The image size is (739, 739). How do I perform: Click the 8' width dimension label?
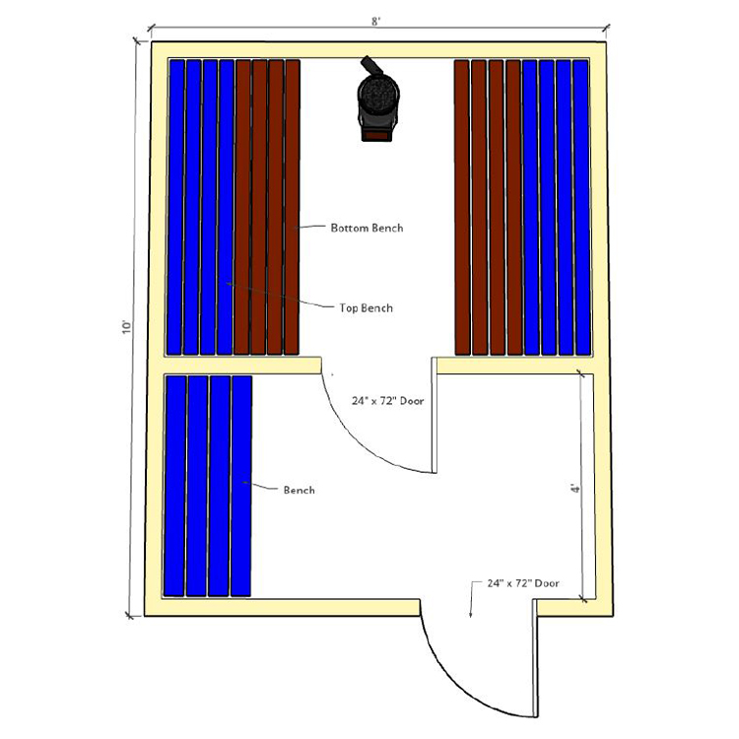(375, 22)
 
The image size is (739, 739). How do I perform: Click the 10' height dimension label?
(126, 327)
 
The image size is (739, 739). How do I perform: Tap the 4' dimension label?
(574, 488)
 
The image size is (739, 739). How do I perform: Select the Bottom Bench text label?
(367, 229)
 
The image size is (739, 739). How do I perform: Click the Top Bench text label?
(367, 308)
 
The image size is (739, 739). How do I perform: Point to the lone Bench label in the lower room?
(300, 490)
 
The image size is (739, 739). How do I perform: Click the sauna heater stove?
(377, 100)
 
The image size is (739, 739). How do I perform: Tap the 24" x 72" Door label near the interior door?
(388, 401)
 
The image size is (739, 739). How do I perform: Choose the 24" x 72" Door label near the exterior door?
(523, 583)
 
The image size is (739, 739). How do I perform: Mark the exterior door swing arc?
(452, 684)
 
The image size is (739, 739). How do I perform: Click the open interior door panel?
(435, 415)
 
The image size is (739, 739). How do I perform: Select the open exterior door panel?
(535, 658)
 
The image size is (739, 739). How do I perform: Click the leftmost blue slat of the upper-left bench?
(175, 207)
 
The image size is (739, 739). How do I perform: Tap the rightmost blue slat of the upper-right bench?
(581, 207)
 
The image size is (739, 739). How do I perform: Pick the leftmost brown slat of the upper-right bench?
(462, 207)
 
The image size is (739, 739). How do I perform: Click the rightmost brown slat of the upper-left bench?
(293, 207)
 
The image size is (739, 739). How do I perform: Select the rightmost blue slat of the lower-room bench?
(241, 486)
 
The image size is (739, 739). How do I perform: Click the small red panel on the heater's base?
(376, 135)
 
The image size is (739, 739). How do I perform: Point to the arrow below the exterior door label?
(471, 599)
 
